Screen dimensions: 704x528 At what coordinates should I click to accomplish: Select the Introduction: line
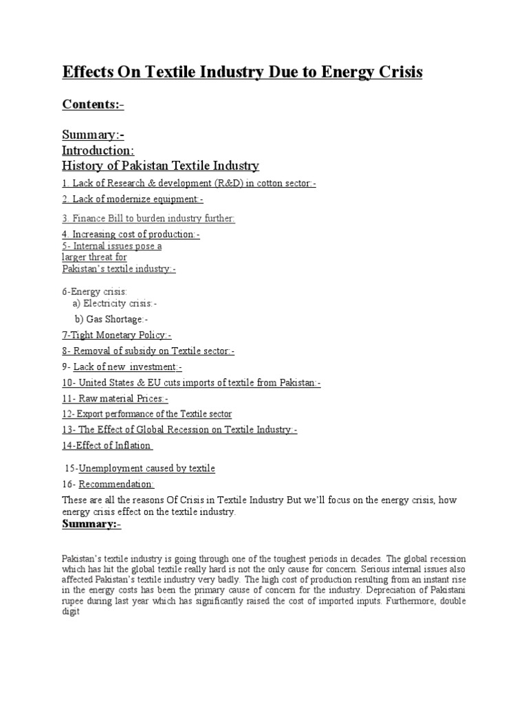[x=98, y=150]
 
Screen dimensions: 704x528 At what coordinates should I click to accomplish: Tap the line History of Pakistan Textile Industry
[x=160, y=166]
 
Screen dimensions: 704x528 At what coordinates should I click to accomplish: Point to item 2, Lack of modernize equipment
[x=133, y=199]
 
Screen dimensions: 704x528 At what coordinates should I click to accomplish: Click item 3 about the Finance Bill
[x=148, y=218]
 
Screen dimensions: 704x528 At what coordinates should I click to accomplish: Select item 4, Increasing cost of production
[x=131, y=234]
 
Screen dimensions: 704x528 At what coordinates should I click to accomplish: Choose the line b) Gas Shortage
[x=111, y=319]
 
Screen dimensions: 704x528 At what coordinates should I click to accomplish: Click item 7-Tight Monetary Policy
[x=117, y=335]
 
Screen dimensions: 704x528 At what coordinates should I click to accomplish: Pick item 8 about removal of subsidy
[x=148, y=351]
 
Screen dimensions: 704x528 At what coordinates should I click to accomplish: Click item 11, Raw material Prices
[x=115, y=398]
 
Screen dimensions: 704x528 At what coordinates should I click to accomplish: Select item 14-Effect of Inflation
[x=107, y=445]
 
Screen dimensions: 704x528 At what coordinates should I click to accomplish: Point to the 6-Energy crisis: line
[x=95, y=292]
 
